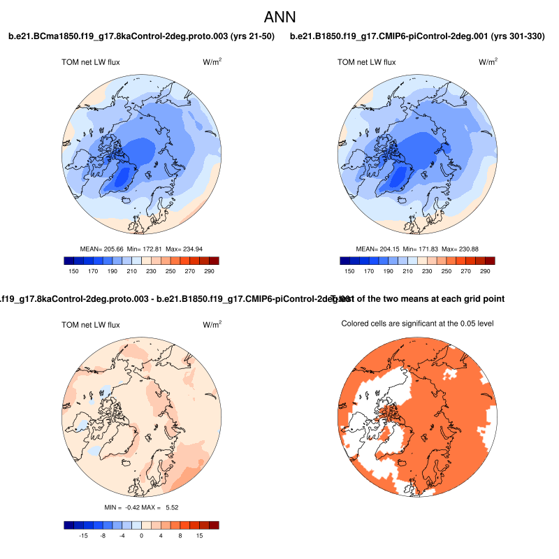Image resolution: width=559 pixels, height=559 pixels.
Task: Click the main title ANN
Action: coord(279,16)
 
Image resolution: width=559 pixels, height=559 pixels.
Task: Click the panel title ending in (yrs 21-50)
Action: coord(141,36)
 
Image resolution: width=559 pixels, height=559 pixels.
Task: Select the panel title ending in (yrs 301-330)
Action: coord(417,36)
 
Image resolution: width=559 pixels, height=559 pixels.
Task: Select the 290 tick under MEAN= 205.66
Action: coord(209,271)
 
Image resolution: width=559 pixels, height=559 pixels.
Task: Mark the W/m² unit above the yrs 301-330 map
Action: coord(488,62)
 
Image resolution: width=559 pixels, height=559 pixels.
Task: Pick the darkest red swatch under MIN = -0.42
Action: coord(214,525)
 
